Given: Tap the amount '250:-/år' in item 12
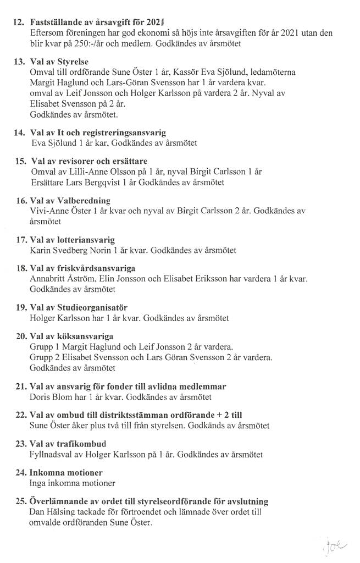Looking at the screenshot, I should pos(91,43).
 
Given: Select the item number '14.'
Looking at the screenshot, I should pos(20,133).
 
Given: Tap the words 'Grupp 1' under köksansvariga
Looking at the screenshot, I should pos(43,347).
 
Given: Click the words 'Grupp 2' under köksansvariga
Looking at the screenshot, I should pos(43,357).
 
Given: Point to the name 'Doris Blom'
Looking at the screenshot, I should pos(50,396).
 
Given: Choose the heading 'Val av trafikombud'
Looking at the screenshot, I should pos(68,444).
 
